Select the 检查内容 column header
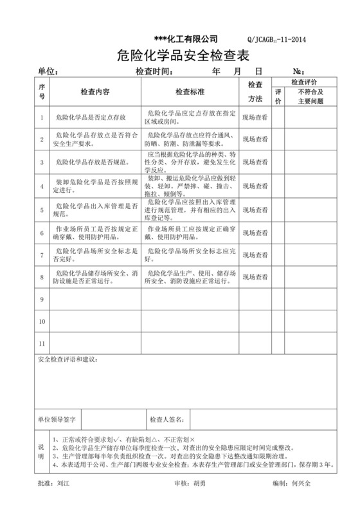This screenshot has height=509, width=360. pyautogui.click(x=94, y=91)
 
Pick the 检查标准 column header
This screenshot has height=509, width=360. pyautogui.click(x=190, y=91)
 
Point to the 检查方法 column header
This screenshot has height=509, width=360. pyautogui.click(x=255, y=92)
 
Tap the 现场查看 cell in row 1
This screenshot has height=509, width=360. pyautogui.click(x=255, y=117)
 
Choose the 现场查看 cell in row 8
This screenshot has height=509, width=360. pyautogui.click(x=255, y=277)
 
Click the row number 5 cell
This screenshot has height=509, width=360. pyautogui.click(x=42, y=210)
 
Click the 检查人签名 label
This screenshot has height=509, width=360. pyautogui.click(x=167, y=420)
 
